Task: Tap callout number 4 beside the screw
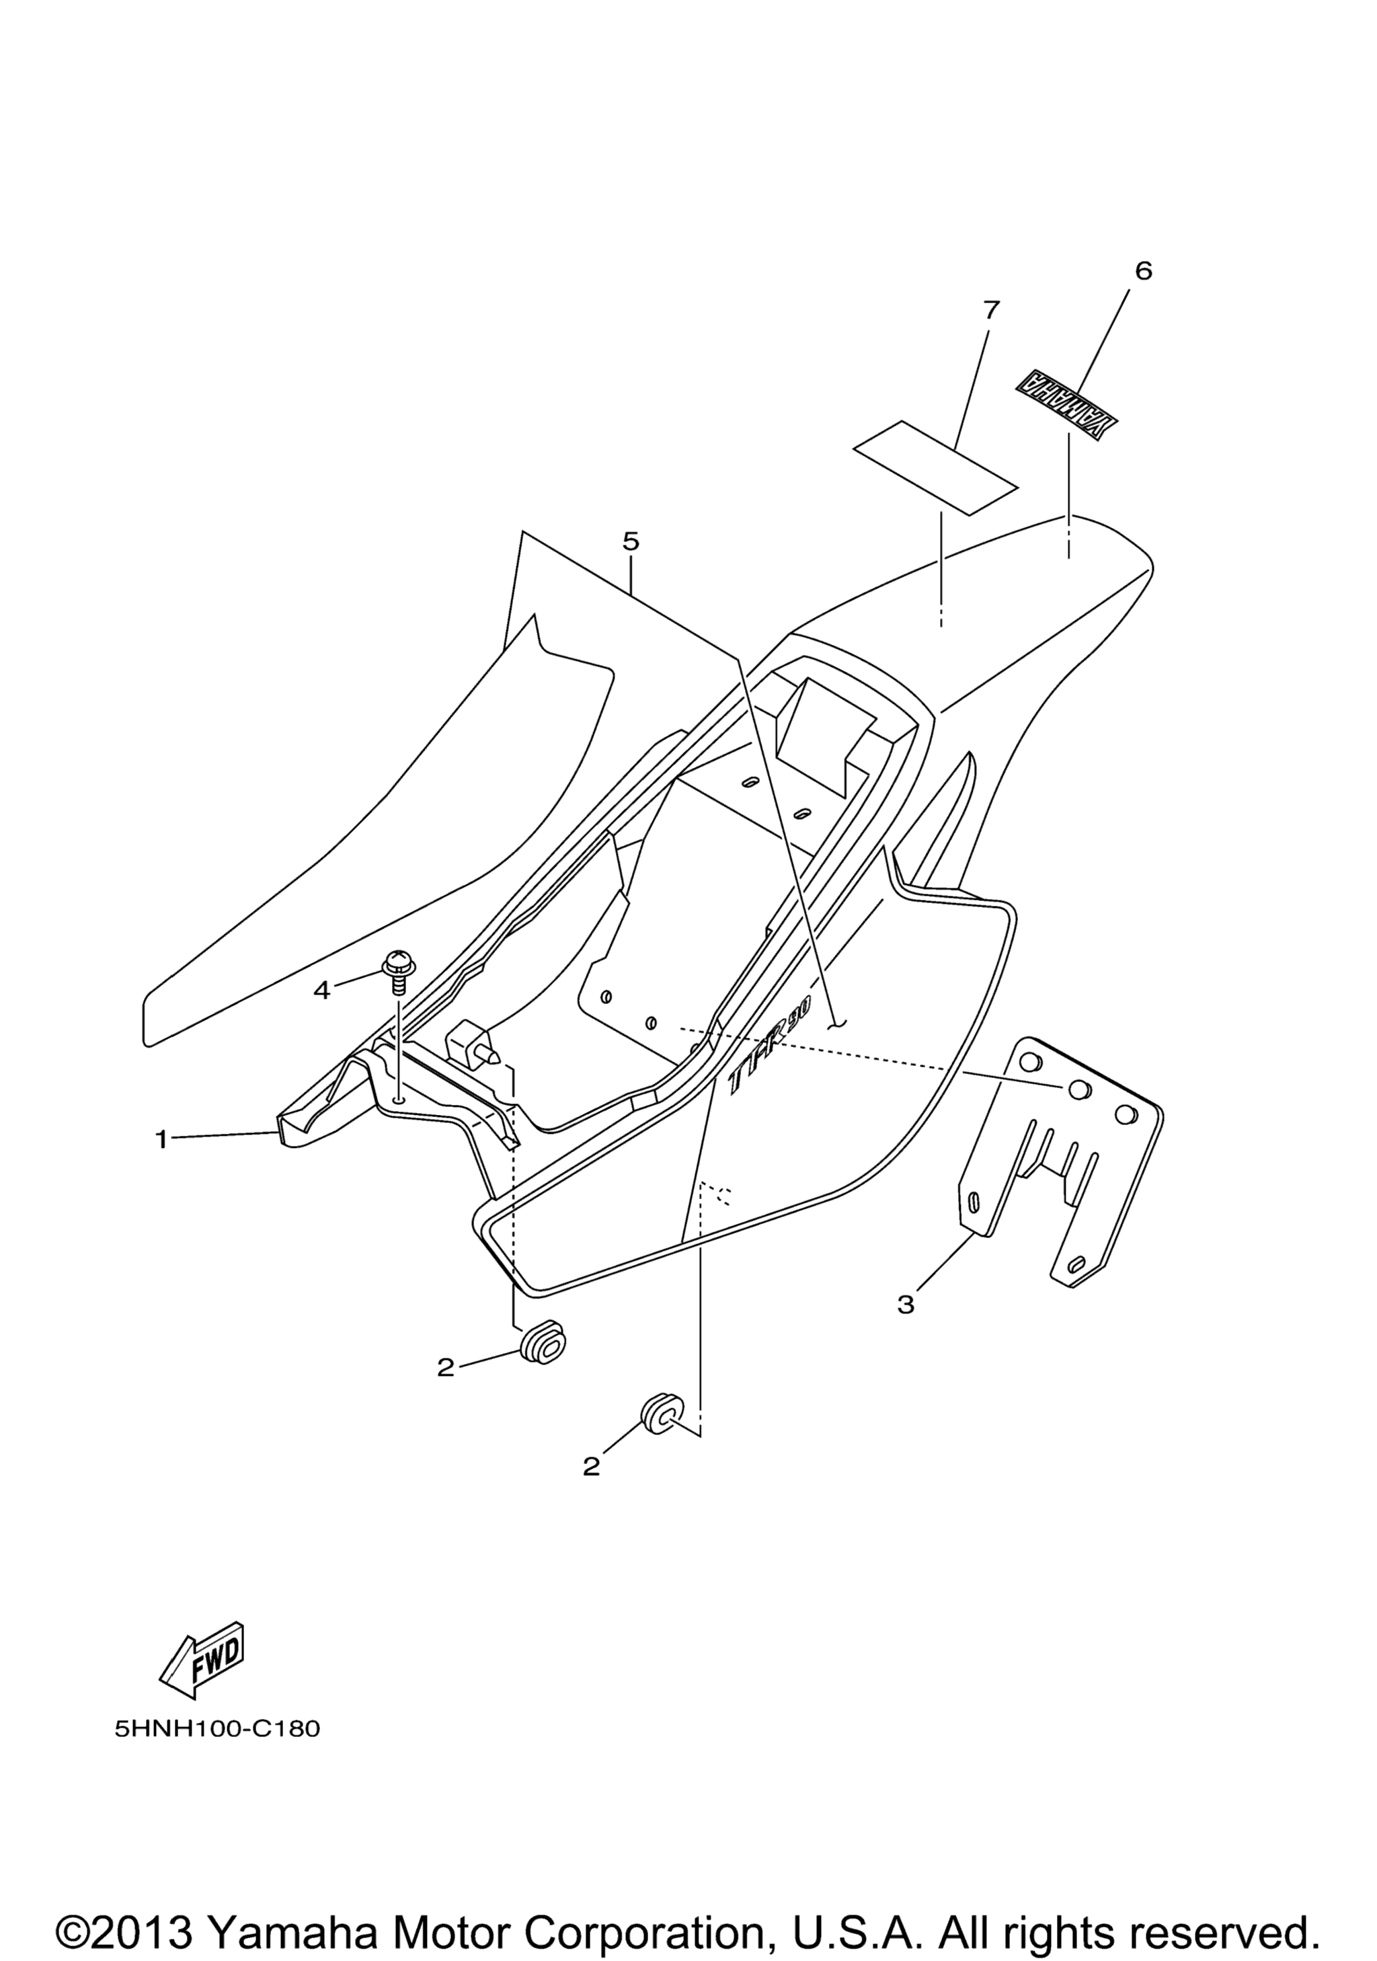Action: [x=321, y=991]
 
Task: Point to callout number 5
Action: [x=631, y=541]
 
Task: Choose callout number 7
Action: [x=990, y=309]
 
